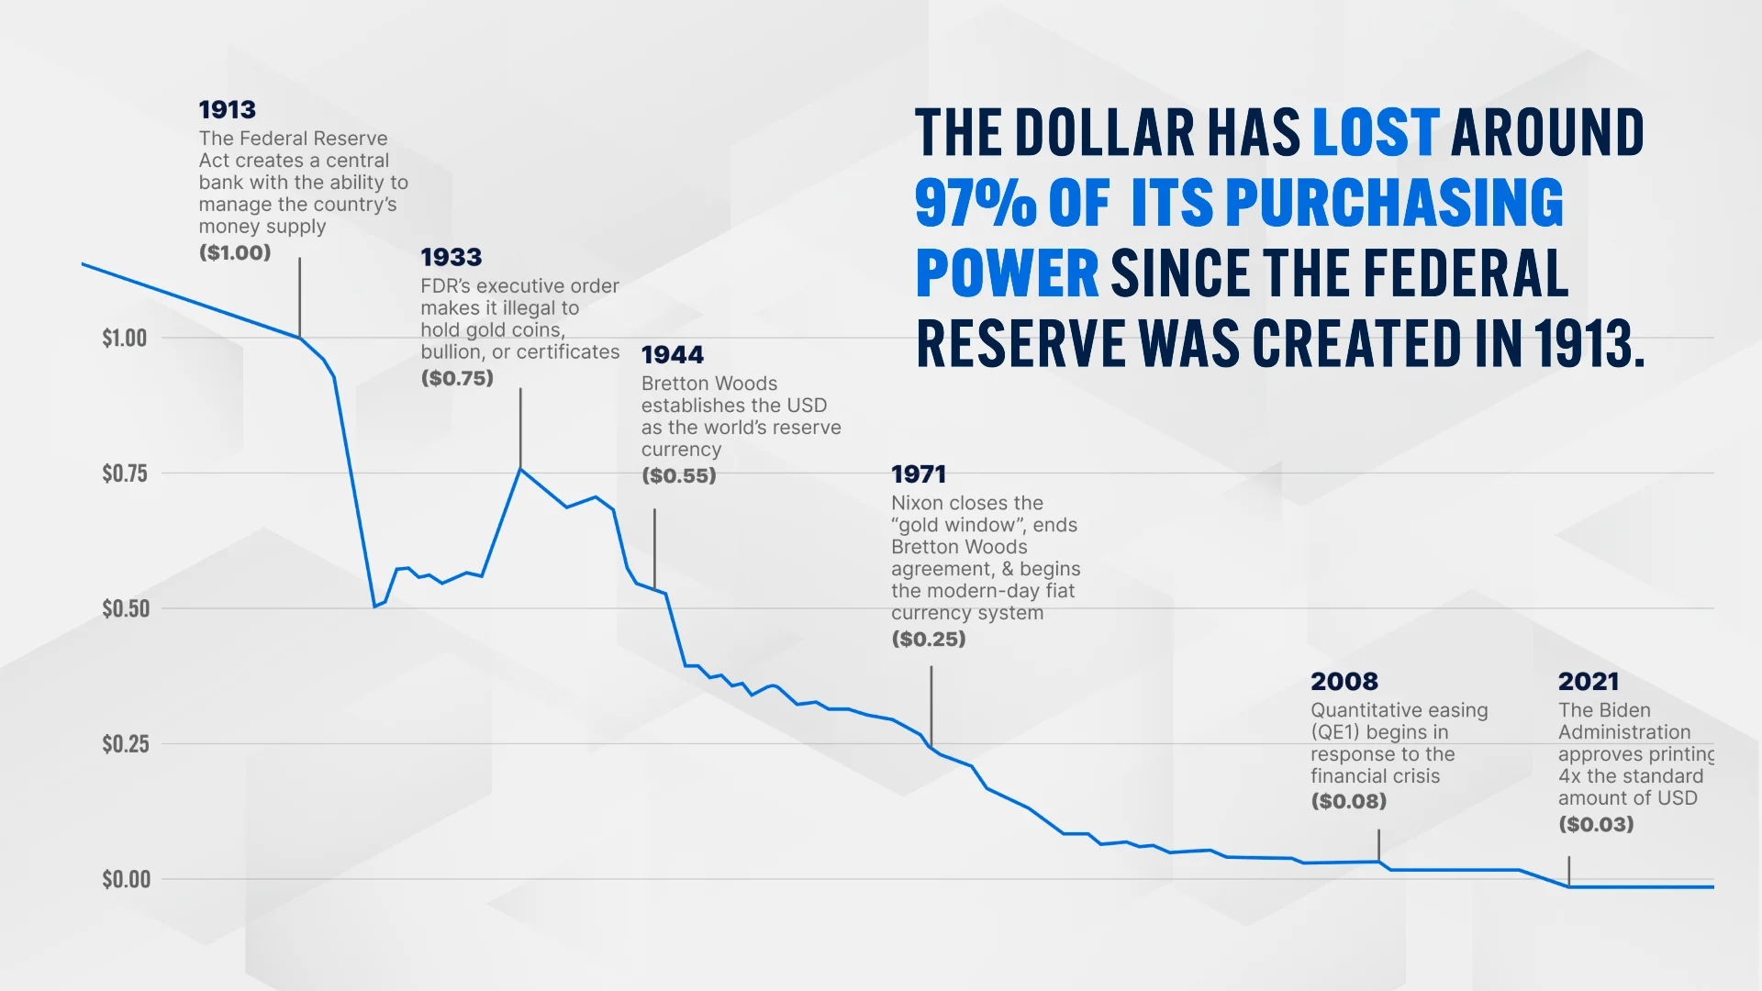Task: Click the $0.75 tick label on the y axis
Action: click(x=125, y=473)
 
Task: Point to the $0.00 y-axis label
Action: click(x=126, y=879)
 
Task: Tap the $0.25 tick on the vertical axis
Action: click(x=125, y=744)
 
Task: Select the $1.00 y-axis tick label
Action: click(x=125, y=339)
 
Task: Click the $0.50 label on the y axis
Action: click(x=126, y=608)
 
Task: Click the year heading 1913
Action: click(x=227, y=110)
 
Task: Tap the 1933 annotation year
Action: click(x=451, y=258)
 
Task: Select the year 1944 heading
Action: click(x=672, y=355)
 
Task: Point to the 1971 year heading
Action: click(x=918, y=474)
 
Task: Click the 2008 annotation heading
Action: click(x=1344, y=682)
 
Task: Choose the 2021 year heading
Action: click(x=1588, y=682)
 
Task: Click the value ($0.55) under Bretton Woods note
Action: click(x=678, y=475)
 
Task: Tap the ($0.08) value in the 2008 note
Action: click(x=1348, y=801)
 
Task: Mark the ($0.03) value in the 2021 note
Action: click(x=1595, y=824)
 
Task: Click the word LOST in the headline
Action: click(x=1375, y=133)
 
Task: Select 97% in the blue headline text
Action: click(x=975, y=203)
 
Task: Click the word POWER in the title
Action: click(x=1007, y=273)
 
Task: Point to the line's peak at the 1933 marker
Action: click(x=520, y=469)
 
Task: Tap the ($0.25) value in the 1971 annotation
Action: click(x=928, y=639)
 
